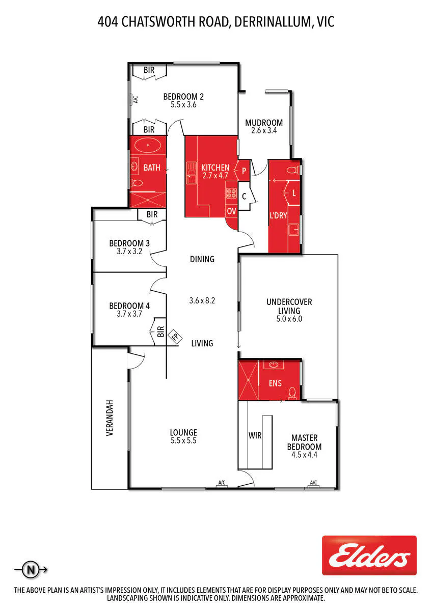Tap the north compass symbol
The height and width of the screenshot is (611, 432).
pos(31,570)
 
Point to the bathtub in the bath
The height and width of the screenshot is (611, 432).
pos(148,146)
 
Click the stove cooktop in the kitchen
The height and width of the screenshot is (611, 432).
pos(231,193)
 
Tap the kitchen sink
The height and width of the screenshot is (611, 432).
pos(192,173)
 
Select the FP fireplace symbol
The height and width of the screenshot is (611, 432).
pos(175,337)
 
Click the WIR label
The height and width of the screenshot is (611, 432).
pos(255,436)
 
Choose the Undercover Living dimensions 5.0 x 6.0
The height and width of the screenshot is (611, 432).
pos(289,319)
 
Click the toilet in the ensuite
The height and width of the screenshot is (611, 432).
pos(292,394)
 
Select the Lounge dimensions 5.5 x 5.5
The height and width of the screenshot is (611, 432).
pos(183,440)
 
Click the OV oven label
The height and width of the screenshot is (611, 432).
pos(231,211)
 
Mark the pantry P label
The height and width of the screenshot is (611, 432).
pos(244,171)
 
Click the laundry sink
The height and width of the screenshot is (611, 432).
pos(294,230)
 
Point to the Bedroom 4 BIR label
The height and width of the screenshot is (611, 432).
pos(161,331)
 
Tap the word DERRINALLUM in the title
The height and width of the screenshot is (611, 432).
pos(273,22)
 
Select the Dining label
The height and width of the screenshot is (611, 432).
pos(202,259)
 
